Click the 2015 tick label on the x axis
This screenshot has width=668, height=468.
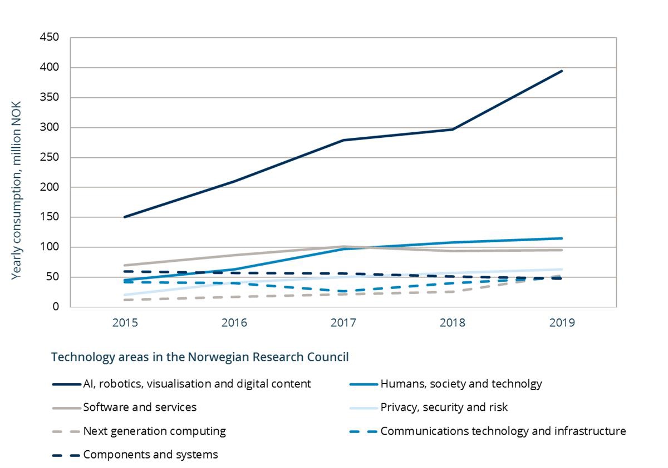(x=125, y=323)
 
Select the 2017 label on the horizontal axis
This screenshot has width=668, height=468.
(x=343, y=323)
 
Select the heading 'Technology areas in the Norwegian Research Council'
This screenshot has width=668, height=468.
(x=200, y=357)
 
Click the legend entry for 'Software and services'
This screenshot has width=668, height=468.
(x=140, y=407)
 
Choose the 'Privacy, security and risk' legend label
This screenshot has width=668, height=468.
(x=444, y=407)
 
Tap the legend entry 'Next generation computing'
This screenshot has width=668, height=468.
(x=154, y=431)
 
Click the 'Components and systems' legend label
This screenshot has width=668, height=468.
(x=150, y=455)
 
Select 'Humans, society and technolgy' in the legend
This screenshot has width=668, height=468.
(x=461, y=384)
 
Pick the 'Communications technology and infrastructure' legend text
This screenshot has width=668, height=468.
(x=503, y=431)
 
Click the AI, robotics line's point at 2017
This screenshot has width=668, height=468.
(x=343, y=140)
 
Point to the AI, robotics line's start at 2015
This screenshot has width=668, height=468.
(x=125, y=217)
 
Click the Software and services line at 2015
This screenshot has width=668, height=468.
(x=125, y=265)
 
